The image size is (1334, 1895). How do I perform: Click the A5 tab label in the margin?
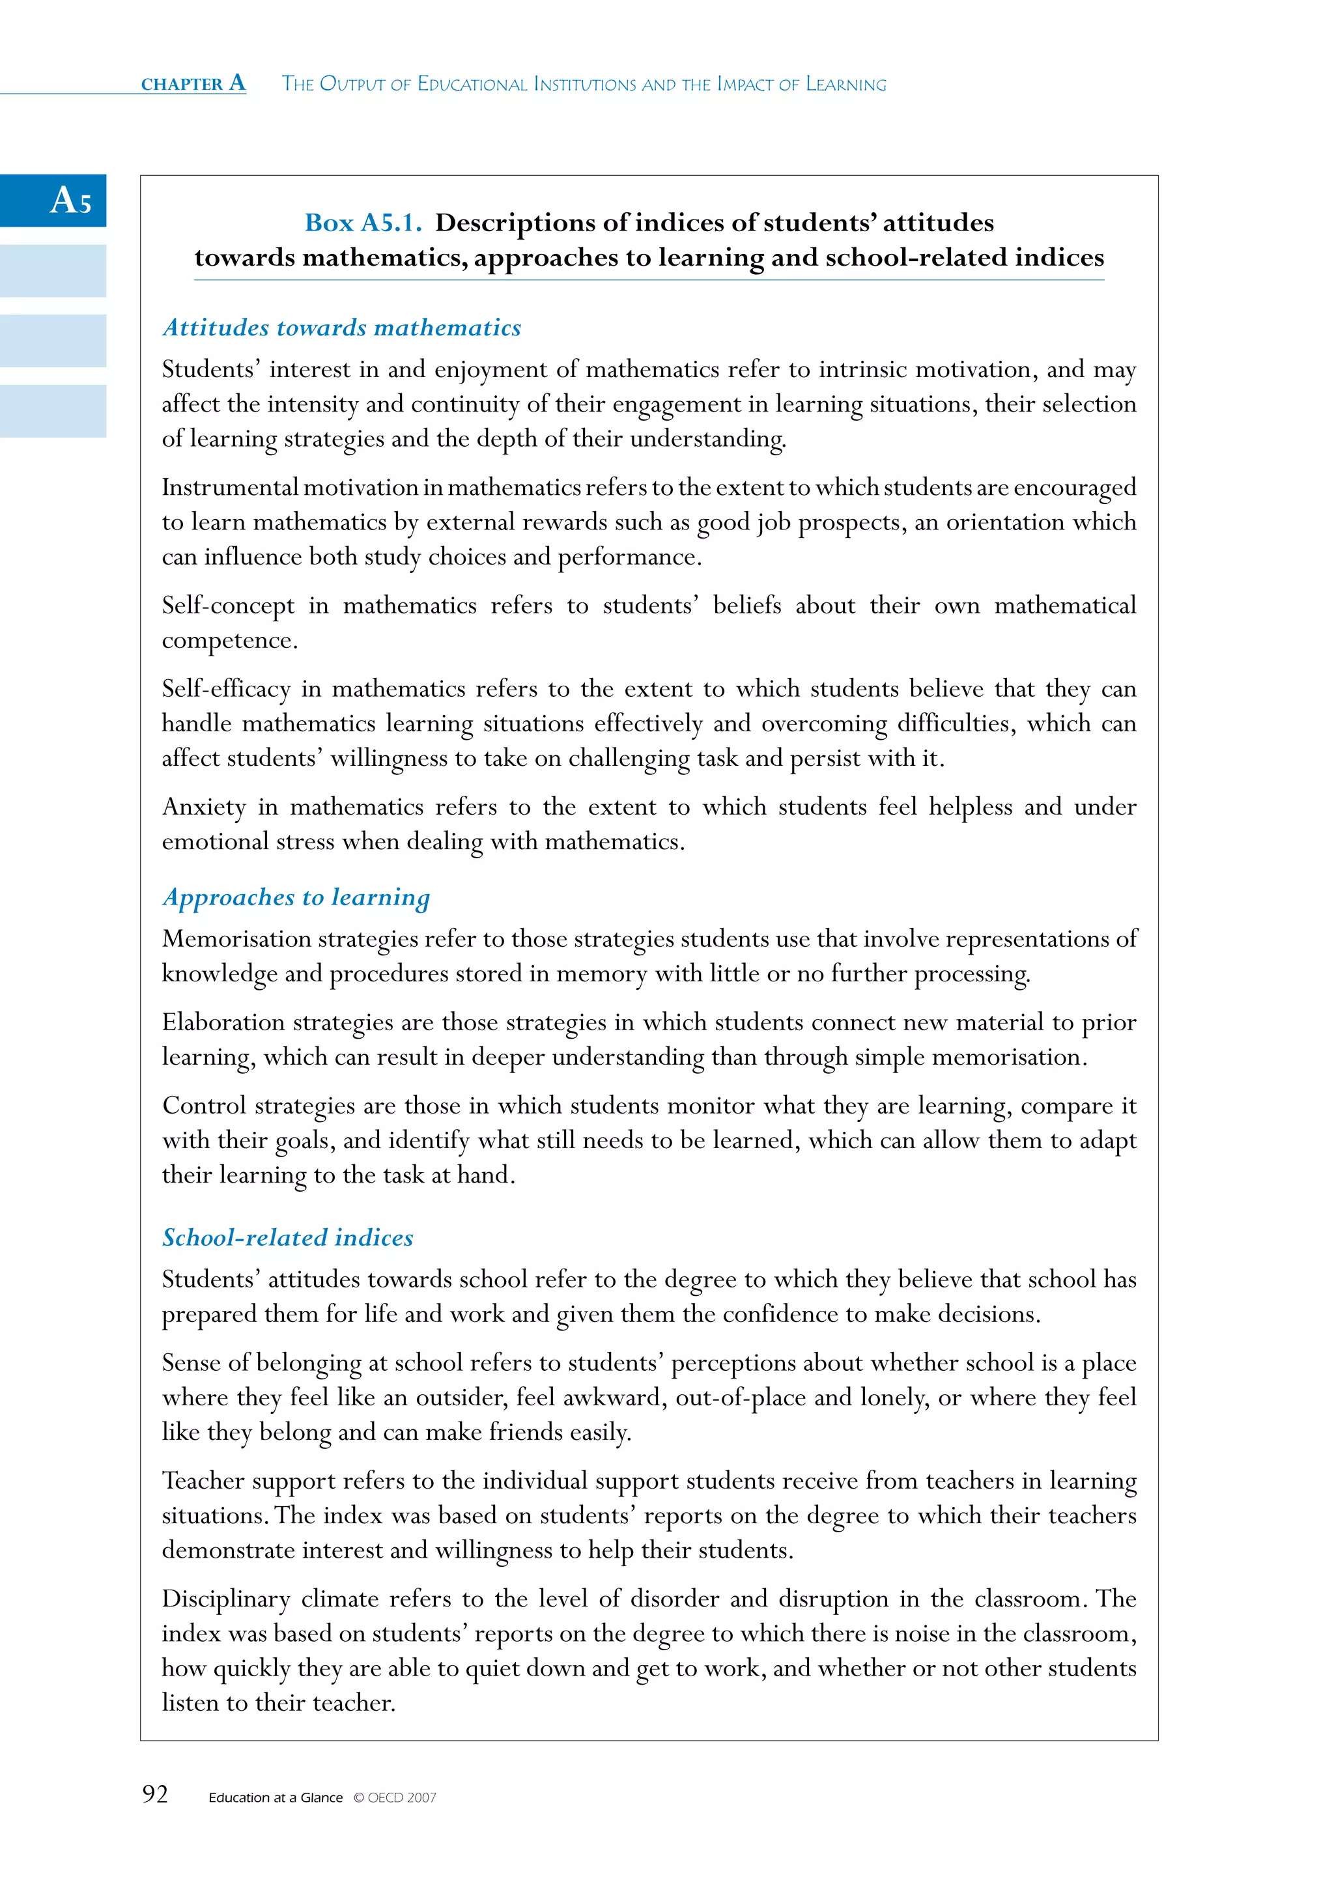click(70, 201)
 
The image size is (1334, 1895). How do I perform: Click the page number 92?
click(155, 1793)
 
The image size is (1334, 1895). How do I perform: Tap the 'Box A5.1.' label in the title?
click(363, 223)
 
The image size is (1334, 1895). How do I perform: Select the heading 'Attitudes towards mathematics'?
click(342, 328)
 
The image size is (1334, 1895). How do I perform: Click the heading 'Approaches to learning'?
click(296, 897)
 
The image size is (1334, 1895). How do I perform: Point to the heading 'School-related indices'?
click(287, 1237)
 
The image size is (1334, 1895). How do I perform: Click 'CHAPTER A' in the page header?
click(193, 83)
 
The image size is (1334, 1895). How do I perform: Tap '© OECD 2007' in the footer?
click(395, 1797)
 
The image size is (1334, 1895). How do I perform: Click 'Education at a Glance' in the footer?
click(275, 1797)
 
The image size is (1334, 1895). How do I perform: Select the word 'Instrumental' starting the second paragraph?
click(229, 488)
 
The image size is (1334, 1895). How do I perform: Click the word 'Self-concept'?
click(228, 606)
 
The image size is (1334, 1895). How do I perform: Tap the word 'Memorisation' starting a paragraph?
click(236, 939)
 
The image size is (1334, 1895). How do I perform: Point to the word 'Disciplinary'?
click(226, 1599)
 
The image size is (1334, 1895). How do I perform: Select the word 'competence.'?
click(229, 641)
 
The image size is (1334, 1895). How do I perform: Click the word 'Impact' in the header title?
click(746, 84)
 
